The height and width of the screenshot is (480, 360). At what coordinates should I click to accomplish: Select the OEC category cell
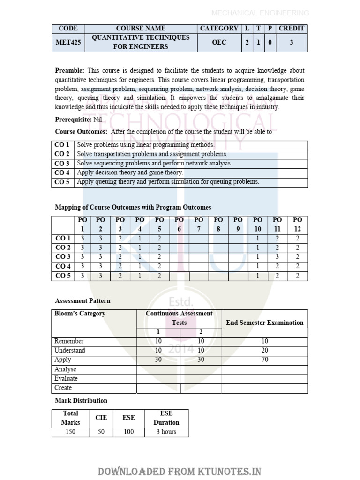click(x=219, y=42)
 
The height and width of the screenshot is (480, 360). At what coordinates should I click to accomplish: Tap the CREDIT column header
click(x=292, y=28)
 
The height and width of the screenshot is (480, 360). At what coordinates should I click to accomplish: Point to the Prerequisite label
click(x=73, y=120)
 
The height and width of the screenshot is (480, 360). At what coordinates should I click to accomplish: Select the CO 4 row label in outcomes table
click(x=62, y=172)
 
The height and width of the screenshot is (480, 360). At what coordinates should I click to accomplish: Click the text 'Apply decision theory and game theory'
click(x=130, y=172)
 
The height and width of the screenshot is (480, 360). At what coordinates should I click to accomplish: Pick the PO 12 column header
click(x=298, y=224)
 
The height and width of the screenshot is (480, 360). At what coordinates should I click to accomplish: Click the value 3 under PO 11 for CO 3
click(x=277, y=257)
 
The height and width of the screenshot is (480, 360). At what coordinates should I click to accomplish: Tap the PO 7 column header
click(x=199, y=224)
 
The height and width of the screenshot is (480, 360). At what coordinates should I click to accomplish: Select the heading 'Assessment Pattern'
click(x=82, y=300)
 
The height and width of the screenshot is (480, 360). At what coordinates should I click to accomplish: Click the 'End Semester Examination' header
click(x=264, y=322)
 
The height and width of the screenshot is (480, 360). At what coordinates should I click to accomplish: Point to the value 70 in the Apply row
click(x=265, y=360)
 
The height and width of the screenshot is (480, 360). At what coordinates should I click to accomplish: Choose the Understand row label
click(x=70, y=350)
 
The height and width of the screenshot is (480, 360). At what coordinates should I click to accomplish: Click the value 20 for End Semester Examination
click(x=265, y=350)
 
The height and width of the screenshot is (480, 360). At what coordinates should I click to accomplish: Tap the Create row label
click(x=63, y=388)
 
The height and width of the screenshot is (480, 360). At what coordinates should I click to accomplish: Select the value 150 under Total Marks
click(x=70, y=432)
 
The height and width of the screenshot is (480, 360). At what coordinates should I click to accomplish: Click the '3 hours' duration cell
click(x=166, y=432)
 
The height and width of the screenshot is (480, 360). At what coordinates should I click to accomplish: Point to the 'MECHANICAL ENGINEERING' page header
click(x=260, y=13)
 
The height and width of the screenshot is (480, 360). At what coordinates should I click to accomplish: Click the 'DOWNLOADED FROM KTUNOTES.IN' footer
click(x=180, y=471)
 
